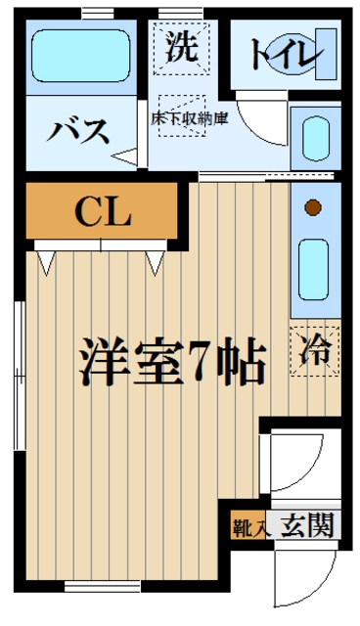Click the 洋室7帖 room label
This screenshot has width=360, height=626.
coord(172,363)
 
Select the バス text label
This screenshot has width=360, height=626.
coord(79,131)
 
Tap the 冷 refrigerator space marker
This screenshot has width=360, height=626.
coord(316,349)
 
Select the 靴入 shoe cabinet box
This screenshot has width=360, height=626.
coord(248,526)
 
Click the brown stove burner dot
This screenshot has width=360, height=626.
coord(313,206)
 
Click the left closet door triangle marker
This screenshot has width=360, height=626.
coord(46,261)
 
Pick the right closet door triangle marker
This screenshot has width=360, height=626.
coord(156,261)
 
